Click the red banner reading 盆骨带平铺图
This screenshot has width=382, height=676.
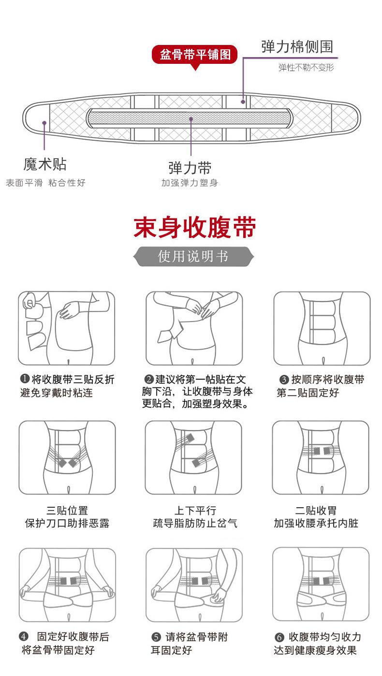[194, 55]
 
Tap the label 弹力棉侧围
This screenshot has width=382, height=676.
[297, 47]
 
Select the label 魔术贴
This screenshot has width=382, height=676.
[45, 164]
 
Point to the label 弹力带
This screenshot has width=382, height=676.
[190, 168]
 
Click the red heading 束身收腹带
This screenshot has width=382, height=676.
[194, 227]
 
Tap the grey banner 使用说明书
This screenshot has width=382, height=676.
[193, 256]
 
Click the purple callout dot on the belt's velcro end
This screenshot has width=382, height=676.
[44, 123]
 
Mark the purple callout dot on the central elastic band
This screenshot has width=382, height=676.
[191, 119]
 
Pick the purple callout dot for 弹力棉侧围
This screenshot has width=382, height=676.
[243, 102]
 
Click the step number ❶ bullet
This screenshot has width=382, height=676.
[25, 379]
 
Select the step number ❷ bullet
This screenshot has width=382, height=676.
[149, 379]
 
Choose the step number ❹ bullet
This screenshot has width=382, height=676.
[24, 637]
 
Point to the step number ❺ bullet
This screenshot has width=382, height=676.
[156, 637]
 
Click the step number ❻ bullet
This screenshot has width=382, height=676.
[279, 637]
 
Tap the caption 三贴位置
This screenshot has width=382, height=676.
[67, 511]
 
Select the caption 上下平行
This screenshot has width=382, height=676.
[195, 511]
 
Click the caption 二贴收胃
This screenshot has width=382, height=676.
[316, 511]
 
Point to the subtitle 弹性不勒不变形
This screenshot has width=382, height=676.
[306, 67]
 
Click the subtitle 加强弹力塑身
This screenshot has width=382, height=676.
[190, 183]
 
